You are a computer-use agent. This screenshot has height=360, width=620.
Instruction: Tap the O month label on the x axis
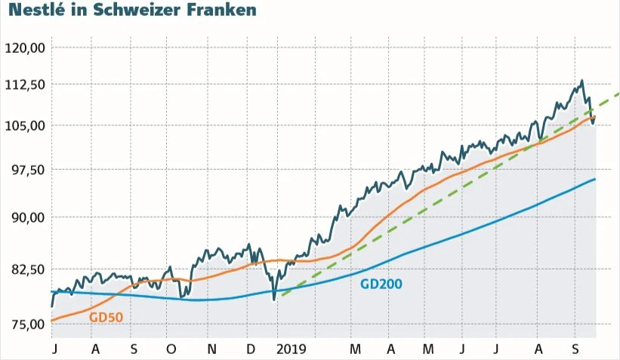coord(171,349)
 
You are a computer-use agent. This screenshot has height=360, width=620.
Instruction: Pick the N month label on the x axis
coord(212,349)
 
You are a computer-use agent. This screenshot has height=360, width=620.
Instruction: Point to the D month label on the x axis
coord(251,349)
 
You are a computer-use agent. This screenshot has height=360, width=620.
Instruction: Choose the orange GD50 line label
coord(106,318)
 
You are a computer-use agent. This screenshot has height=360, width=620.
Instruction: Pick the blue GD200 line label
coord(381,284)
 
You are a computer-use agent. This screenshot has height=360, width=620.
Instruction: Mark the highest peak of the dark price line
coord(581,81)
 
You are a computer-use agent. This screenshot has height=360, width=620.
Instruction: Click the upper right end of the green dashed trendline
coord(618,94)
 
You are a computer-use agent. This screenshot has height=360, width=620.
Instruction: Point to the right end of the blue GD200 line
coord(595,179)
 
